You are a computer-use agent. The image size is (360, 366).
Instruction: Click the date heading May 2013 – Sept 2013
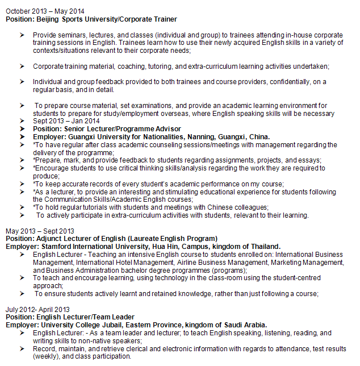[x=40, y=231]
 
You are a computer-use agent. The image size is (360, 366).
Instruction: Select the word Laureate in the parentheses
[x=152, y=239]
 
